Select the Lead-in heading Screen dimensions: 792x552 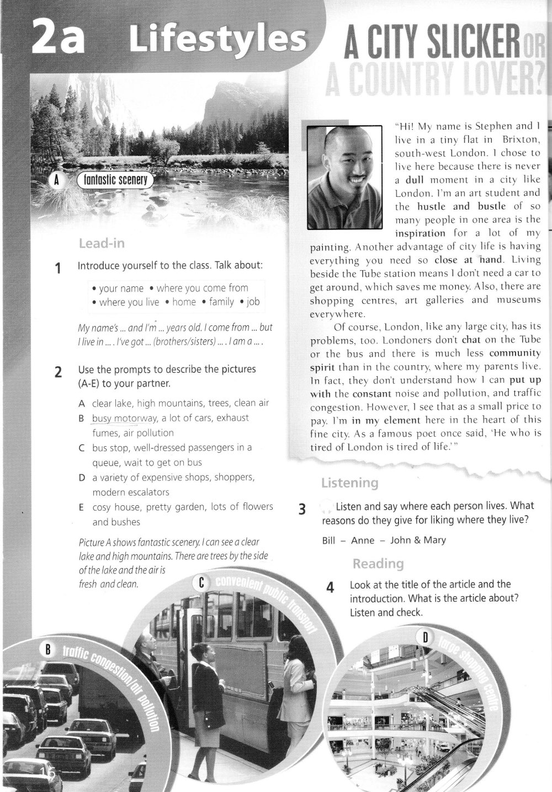click(x=102, y=243)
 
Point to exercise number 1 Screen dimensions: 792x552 click(x=58, y=269)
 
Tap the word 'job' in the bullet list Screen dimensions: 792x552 click(x=253, y=302)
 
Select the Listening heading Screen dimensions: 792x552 click(x=349, y=483)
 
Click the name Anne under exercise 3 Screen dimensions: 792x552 click(x=363, y=540)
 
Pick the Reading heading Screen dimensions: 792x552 click(x=378, y=564)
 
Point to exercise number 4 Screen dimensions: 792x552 click(x=330, y=587)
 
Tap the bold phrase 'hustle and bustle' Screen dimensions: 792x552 click(x=461, y=206)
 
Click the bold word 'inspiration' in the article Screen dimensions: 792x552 click(x=420, y=233)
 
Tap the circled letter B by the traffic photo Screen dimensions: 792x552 click(x=47, y=650)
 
